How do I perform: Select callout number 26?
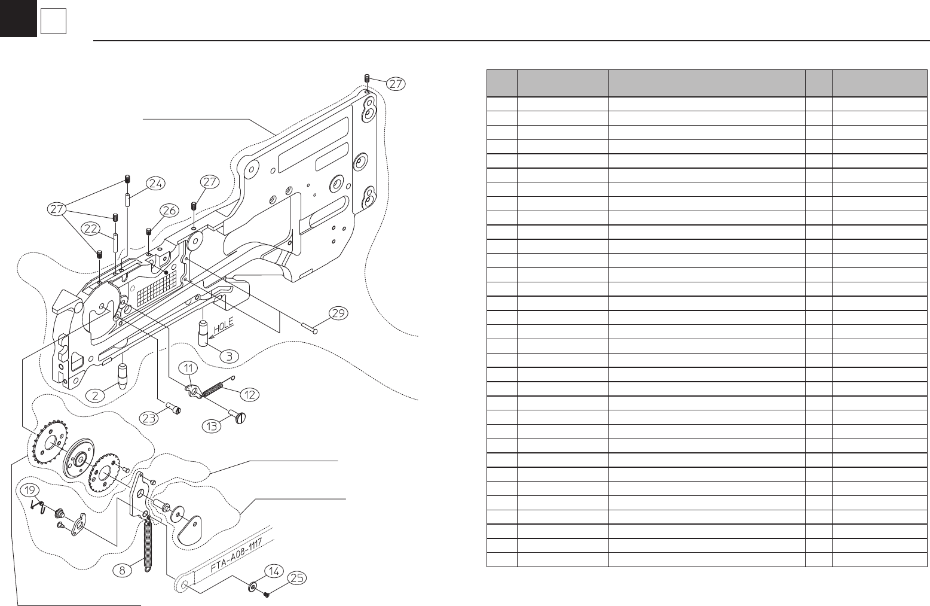169,210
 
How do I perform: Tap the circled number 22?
91,229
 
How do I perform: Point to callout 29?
338,313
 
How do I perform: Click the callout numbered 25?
297,578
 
